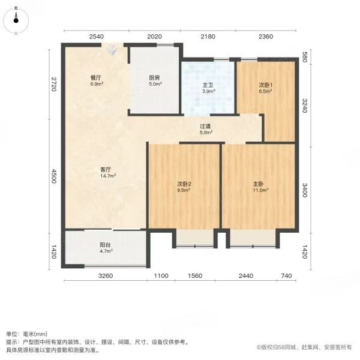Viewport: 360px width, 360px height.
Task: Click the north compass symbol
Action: [16, 20]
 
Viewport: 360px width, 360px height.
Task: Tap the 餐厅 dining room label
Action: [95, 77]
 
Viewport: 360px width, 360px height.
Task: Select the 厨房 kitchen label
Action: [155, 77]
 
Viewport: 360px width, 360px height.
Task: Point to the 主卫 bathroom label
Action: [208, 85]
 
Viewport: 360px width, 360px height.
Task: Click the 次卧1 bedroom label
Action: [266, 85]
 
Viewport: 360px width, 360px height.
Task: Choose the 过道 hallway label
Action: [205, 126]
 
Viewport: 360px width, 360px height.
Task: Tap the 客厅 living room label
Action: [106, 170]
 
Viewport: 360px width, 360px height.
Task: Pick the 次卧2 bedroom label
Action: [184, 184]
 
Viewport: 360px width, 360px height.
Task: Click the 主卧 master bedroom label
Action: [258, 184]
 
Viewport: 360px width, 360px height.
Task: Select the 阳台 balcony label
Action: [105, 245]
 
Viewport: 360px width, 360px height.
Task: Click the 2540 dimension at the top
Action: [97, 37]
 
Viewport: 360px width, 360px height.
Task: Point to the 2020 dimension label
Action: [155, 37]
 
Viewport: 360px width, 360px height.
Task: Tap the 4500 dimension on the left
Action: [53, 176]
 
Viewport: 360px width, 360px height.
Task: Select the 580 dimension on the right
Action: [304, 57]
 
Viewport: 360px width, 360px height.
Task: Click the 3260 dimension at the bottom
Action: [106, 275]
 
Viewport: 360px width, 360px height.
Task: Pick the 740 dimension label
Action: [286, 275]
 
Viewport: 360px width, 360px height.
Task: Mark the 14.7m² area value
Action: [107, 176]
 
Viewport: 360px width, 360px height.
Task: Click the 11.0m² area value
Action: [260, 190]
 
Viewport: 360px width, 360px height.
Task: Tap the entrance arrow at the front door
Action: [112, 50]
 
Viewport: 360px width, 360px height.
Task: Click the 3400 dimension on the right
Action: [304, 190]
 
